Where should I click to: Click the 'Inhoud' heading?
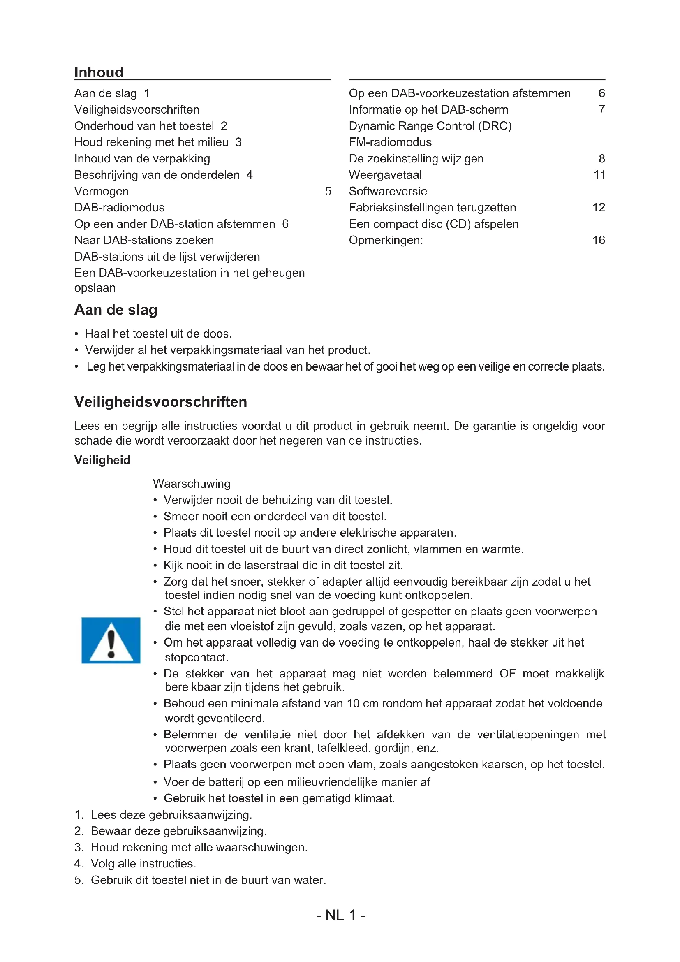click(99, 72)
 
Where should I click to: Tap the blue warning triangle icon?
click(111, 640)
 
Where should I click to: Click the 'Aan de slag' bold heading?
click(116, 310)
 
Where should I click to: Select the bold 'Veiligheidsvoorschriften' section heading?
click(160, 402)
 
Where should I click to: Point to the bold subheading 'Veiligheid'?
click(102, 460)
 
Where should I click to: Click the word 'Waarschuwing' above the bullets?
click(191, 484)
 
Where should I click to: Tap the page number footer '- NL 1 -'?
click(340, 915)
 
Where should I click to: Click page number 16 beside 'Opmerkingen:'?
click(598, 240)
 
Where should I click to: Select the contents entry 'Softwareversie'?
click(388, 191)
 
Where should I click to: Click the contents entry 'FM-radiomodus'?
click(390, 142)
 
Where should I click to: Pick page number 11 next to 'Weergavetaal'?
click(599, 175)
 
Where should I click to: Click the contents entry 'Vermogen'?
click(101, 191)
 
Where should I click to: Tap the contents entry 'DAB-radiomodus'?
click(119, 207)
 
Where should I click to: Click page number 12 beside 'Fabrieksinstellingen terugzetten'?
click(598, 207)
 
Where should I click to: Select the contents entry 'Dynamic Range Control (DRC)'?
click(430, 126)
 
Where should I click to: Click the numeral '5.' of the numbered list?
click(79, 880)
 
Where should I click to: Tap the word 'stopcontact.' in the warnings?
click(197, 657)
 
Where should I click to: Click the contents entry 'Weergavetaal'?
click(385, 175)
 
